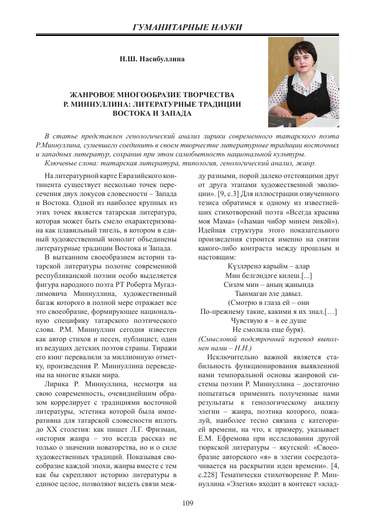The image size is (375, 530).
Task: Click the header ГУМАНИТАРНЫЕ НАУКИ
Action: click(187, 27)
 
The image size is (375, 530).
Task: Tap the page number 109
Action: click(187, 503)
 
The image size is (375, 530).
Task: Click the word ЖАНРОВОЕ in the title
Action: click(97, 95)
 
